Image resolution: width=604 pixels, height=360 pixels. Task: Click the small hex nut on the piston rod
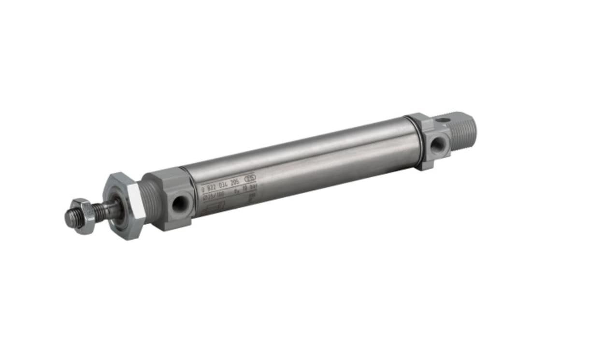coord(82,216)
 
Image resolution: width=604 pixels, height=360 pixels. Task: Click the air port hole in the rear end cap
coord(438,144)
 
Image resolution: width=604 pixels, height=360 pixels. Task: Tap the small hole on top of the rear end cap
coord(440,120)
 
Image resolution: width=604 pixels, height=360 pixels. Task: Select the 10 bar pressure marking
coord(246,190)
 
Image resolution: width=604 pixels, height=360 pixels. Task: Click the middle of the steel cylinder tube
coord(300,159)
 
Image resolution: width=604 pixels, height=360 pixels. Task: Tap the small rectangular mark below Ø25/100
coord(213,207)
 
